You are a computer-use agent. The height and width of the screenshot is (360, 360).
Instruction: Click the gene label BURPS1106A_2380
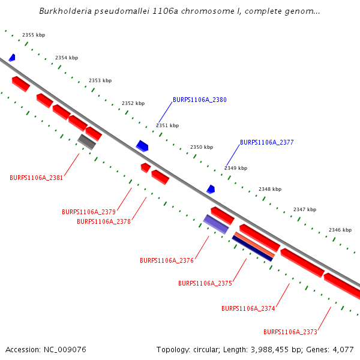(200, 100)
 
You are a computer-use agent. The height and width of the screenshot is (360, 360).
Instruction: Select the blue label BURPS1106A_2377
(267, 143)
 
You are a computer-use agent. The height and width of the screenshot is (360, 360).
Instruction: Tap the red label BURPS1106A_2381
(37, 178)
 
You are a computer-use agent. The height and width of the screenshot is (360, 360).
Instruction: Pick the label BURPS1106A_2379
(89, 212)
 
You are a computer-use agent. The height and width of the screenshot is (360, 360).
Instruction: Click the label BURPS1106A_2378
(104, 221)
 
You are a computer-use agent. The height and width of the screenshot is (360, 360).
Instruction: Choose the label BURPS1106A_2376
(167, 261)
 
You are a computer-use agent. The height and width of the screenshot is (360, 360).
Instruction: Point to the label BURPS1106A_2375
(205, 283)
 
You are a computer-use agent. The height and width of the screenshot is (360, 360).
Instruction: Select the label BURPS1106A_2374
(248, 308)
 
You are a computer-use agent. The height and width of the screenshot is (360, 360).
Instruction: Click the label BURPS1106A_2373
(290, 332)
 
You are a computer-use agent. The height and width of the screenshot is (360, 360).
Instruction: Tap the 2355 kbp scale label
(34, 35)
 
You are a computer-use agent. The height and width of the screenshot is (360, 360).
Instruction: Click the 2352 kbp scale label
(133, 103)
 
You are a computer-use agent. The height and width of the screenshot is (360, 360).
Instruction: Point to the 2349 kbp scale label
(236, 169)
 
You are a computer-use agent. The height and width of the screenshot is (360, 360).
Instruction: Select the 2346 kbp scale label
(340, 230)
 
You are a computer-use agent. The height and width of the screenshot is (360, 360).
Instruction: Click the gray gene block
(87, 142)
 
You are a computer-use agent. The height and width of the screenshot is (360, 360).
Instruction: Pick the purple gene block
(216, 224)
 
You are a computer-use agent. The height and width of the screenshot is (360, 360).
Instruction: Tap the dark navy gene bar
(252, 248)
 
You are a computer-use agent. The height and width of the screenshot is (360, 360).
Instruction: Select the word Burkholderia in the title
(65, 11)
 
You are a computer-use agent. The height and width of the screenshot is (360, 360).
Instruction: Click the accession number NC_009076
(65, 349)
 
